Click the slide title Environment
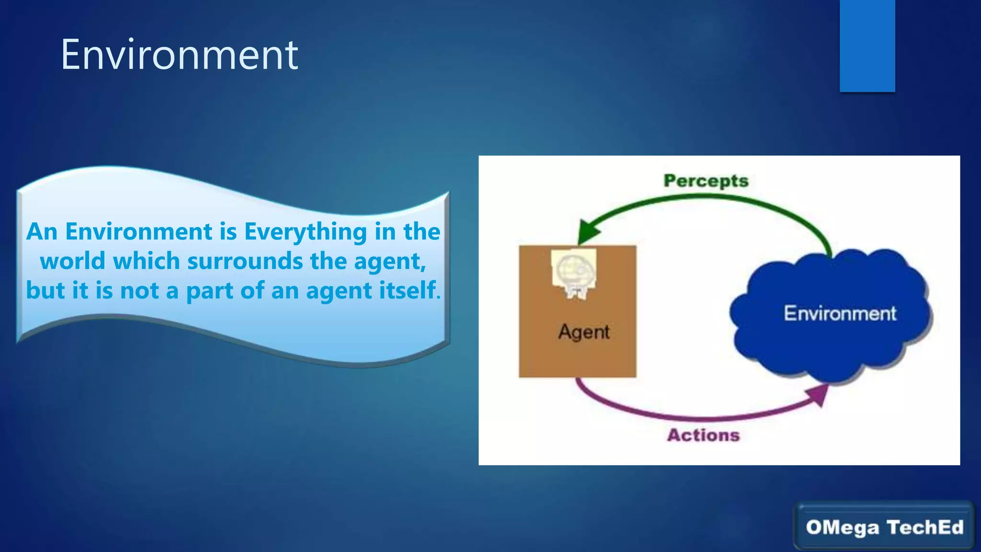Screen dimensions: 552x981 click(x=179, y=55)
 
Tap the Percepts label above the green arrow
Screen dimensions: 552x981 click(x=706, y=181)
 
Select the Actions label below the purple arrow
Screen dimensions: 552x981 click(x=703, y=435)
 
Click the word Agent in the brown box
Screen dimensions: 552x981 click(x=583, y=332)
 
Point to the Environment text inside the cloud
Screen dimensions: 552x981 click(x=839, y=313)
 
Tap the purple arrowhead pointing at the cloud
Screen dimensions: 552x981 click(x=818, y=394)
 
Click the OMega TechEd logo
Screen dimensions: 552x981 click(x=884, y=527)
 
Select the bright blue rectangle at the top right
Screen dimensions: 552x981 click(x=867, y=46)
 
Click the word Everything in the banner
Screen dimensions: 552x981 click(x=306, y=232)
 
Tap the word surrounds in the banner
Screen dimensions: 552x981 click(x=245, y=262)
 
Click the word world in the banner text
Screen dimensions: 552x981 click(x=72, y=262)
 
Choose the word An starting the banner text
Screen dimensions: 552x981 click(x=42, y=232)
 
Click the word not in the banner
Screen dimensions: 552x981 click(x=139, y=290)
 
